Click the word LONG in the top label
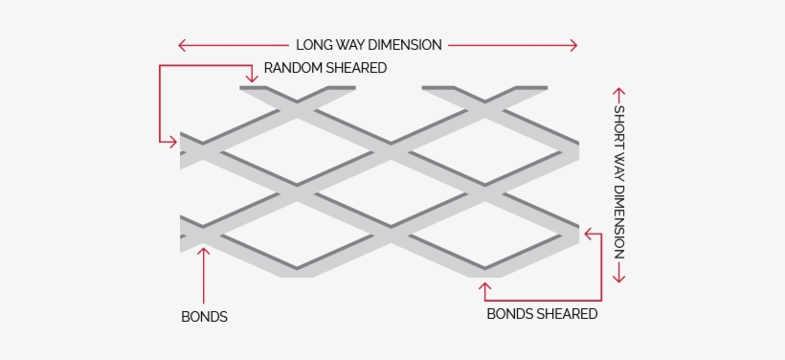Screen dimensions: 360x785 point(313,45)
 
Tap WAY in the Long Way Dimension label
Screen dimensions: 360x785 point(350,45)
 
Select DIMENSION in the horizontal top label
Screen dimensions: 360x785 point(406,45)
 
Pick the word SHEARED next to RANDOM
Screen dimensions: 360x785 point(356,68)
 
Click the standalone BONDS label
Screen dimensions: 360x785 point(204,317)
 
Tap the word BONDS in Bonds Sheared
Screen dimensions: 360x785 point(509,313)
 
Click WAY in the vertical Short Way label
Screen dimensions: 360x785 point(618,168)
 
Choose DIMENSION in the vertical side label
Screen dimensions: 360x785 point(618,220)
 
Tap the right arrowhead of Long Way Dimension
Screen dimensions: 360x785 point(574,45)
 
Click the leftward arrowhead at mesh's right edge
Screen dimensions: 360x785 point(586,232)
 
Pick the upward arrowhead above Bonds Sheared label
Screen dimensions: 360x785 point(485,284)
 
